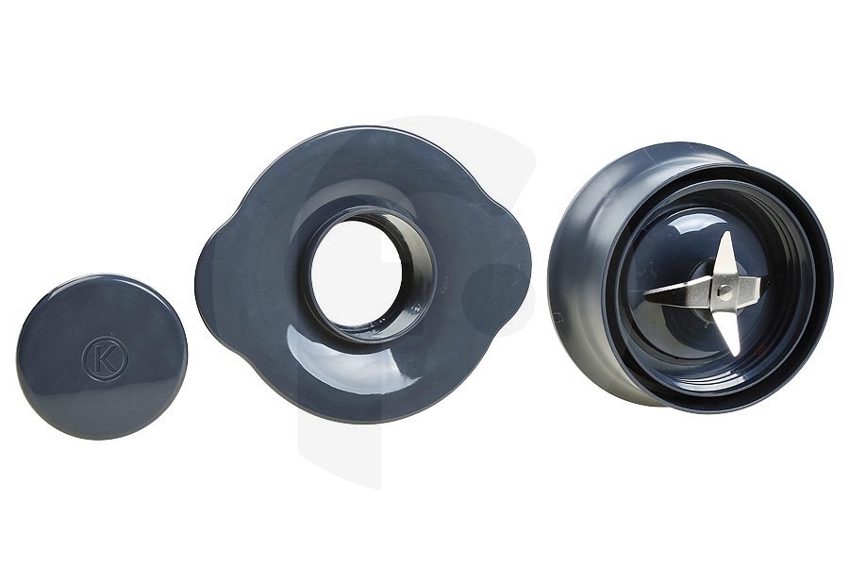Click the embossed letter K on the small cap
[x=105, y=359]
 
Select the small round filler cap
[x=102, y=357]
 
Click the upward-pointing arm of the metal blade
[x=725, y=255]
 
